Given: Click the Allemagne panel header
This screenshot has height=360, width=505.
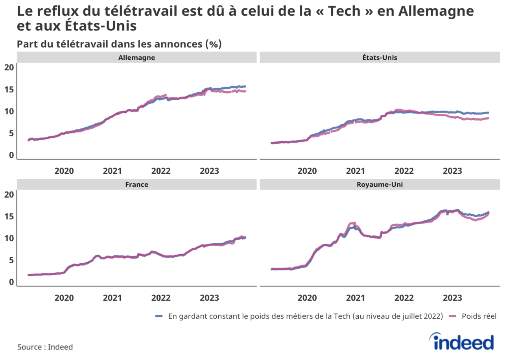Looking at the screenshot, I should pos(136,57).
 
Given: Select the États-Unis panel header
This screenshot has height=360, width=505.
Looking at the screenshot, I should pos(379,57).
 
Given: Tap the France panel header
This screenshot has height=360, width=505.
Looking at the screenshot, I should pos(136,184).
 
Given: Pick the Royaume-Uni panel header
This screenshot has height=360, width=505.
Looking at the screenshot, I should pos(379,184).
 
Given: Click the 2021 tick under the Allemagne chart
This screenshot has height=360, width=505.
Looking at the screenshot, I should pos(112,171).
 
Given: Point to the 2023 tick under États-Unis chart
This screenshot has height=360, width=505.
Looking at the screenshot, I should pos(452,171).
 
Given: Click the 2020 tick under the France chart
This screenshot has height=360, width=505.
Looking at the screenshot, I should pos(64,298).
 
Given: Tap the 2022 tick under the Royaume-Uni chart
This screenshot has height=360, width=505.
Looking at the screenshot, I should pos(404,298).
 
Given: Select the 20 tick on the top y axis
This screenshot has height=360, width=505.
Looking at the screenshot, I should pos(9,67).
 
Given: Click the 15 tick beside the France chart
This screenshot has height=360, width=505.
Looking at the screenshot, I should pos(9,217).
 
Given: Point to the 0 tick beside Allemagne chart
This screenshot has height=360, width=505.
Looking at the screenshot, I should pos(11,155).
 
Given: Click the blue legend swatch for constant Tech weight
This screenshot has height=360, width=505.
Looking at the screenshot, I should pos(159,316).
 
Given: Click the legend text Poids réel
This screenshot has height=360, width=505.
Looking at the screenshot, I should pos(479,316).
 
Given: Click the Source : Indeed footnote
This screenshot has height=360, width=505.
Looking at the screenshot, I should pos(45,347).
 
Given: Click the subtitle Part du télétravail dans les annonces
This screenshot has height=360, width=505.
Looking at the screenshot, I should pos(119,44).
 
